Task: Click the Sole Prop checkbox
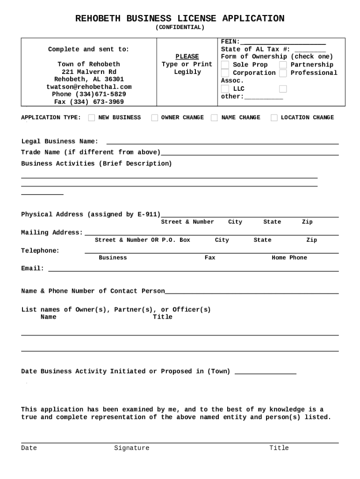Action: pos(225,65)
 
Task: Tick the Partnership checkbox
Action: pos(283,65)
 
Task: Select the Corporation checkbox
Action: pos(225,73)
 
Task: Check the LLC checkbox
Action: pos(225,89)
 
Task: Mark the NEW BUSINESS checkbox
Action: pos(92,118)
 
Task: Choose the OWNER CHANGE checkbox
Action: pos(154,118)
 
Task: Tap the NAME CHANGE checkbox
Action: pos(214,118)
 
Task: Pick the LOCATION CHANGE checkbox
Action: pos(274,118)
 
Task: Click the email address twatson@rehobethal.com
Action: pos(89,87)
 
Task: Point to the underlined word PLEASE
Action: pos(187,57)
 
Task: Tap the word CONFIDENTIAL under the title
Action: pos(180,28)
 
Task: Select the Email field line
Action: pos(194,270)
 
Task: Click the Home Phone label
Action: pos(289,258)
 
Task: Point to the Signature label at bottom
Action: pos(132,448)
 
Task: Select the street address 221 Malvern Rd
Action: pos(89,72)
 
